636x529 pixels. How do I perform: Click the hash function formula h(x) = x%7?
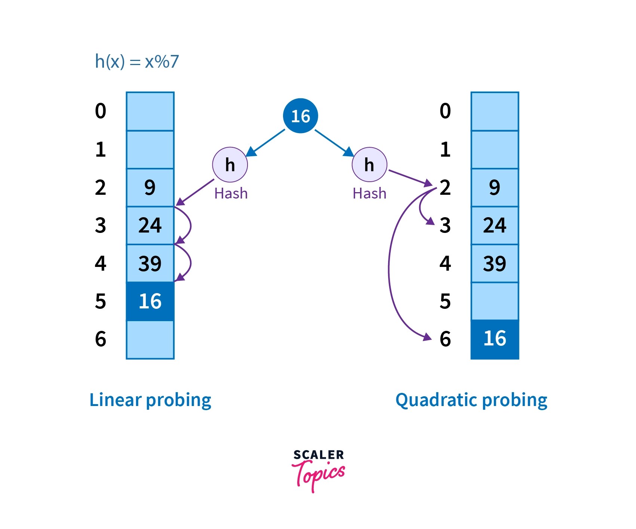click(137, 61)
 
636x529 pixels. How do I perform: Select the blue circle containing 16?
click(300, 116)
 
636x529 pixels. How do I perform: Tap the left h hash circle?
click(230, 164)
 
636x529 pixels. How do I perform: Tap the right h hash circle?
click(369, 164)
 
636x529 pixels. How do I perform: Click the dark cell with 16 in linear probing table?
click(150, 301)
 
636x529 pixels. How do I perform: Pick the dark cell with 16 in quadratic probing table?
click(495, 339)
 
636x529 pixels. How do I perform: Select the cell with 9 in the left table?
click(150, 187)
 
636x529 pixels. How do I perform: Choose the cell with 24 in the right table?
click(495, 225)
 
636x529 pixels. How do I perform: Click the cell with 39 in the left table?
click(150, 263)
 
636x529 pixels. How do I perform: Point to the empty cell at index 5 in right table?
click(495, 301)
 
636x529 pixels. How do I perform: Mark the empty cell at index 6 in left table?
click(150, 339)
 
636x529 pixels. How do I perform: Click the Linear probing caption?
click(150, 400)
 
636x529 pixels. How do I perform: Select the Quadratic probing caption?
click(471, 400)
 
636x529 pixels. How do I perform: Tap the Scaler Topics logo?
click(318, 470)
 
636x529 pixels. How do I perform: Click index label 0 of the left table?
click(101, 111)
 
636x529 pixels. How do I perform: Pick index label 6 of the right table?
click(445, 339)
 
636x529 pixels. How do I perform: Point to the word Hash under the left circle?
click(231, 194)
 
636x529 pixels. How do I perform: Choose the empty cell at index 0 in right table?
click(495, 111)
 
